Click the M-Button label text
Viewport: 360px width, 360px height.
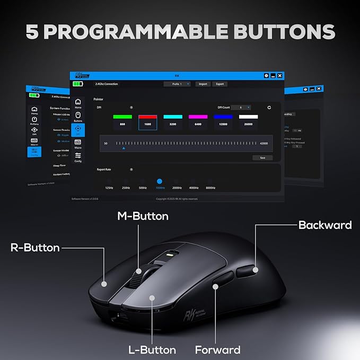coord(143,216)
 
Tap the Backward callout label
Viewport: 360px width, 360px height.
coord(324,225)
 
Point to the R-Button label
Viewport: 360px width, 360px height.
coord(35,247)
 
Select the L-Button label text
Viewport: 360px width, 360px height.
coord(152,349)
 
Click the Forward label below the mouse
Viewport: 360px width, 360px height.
coord(217,349)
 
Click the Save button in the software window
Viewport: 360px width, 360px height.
coord(262,157)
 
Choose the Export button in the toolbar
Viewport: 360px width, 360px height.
coord(220,84)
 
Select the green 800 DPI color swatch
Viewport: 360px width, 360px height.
coord(122,117)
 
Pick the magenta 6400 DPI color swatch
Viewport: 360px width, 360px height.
coord(198,117)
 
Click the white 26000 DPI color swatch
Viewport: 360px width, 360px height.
coord(248,117)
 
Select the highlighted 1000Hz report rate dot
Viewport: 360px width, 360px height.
coord(160,181)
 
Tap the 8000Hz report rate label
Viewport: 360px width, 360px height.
coord(210,188)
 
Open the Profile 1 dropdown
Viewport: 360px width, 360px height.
coord(177,84)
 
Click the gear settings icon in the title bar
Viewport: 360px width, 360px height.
coord(267,76)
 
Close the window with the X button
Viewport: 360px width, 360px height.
coord(279,76)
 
